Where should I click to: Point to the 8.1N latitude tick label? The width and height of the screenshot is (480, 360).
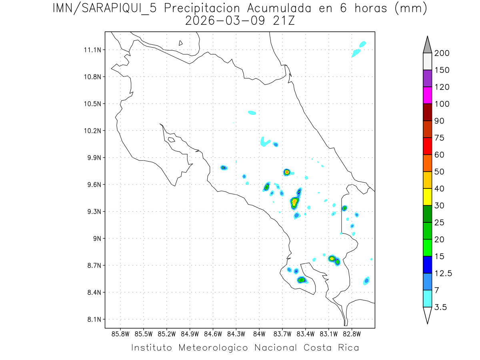tap(93, 319)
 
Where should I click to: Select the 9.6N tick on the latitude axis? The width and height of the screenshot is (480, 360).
tap(93, 185)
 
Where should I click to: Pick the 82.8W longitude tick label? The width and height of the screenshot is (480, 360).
tap(352, 334)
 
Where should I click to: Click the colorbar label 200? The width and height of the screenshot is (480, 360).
tap(441, 53)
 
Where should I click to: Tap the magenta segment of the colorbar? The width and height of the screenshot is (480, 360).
tap(427, 95)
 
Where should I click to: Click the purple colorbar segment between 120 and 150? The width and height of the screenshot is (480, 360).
tap(427, 78)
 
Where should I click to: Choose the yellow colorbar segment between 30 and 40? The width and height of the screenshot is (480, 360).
tap(427, 197)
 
